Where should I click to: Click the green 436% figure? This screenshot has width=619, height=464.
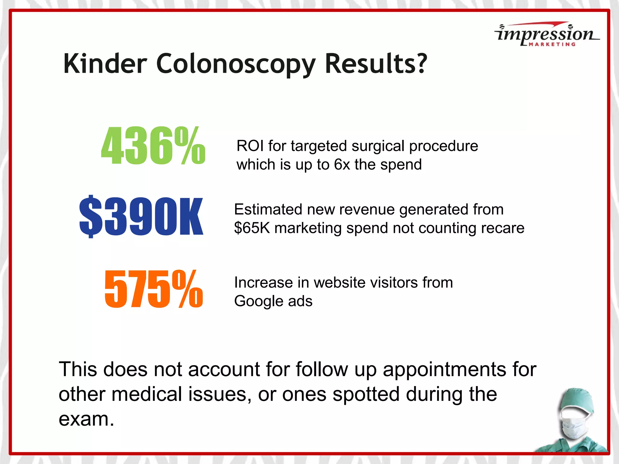(x=153, y=146)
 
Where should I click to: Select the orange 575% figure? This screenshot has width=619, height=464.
(x=154, y=289)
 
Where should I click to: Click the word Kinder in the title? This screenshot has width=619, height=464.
(x=105, y=64)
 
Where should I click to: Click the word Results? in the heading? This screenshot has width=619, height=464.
(x=376, y=64)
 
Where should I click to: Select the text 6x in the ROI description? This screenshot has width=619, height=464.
(x=342, y=165)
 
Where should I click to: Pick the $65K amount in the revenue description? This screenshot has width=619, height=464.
(x=252, y=228)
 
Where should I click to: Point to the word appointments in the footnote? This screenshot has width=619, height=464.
(x=445, y=369)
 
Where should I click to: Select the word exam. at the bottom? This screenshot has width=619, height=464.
(x=86, y=419)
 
